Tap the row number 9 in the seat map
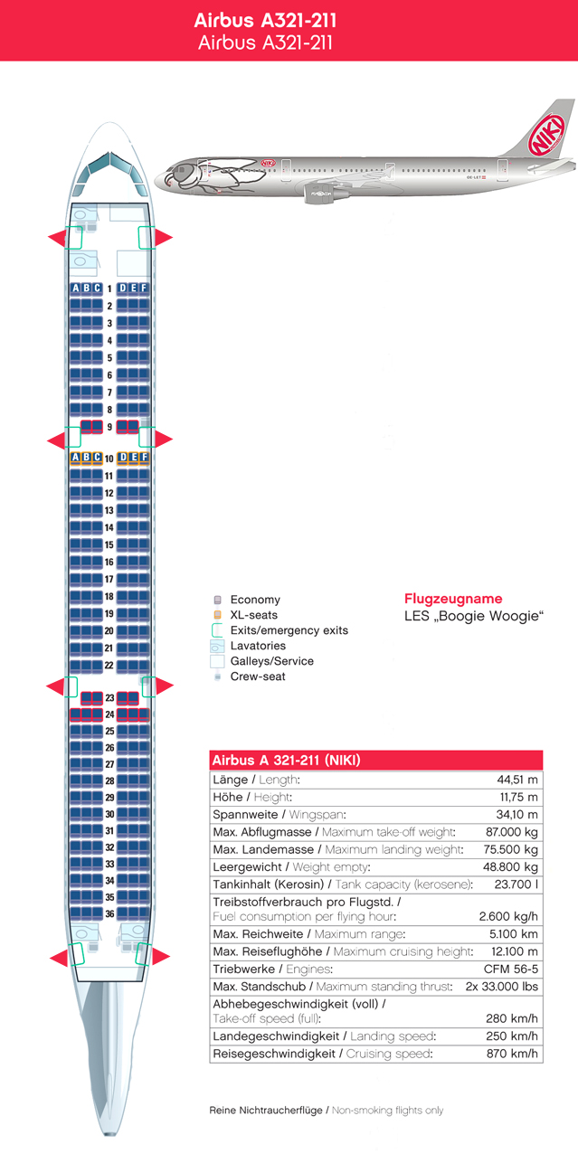tap(109, 427)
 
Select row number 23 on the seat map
tap(109, 698)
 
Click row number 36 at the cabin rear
tap(109, 913)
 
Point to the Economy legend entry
tap(255, 600)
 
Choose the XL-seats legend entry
tap(253, 615)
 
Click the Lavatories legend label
tap(258, 646)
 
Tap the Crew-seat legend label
tap(258, 676)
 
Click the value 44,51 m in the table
tap(517, 780)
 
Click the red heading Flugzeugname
tap(452, 599)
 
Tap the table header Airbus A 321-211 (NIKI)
tap(286, 761)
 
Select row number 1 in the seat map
tap(109, 288)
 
